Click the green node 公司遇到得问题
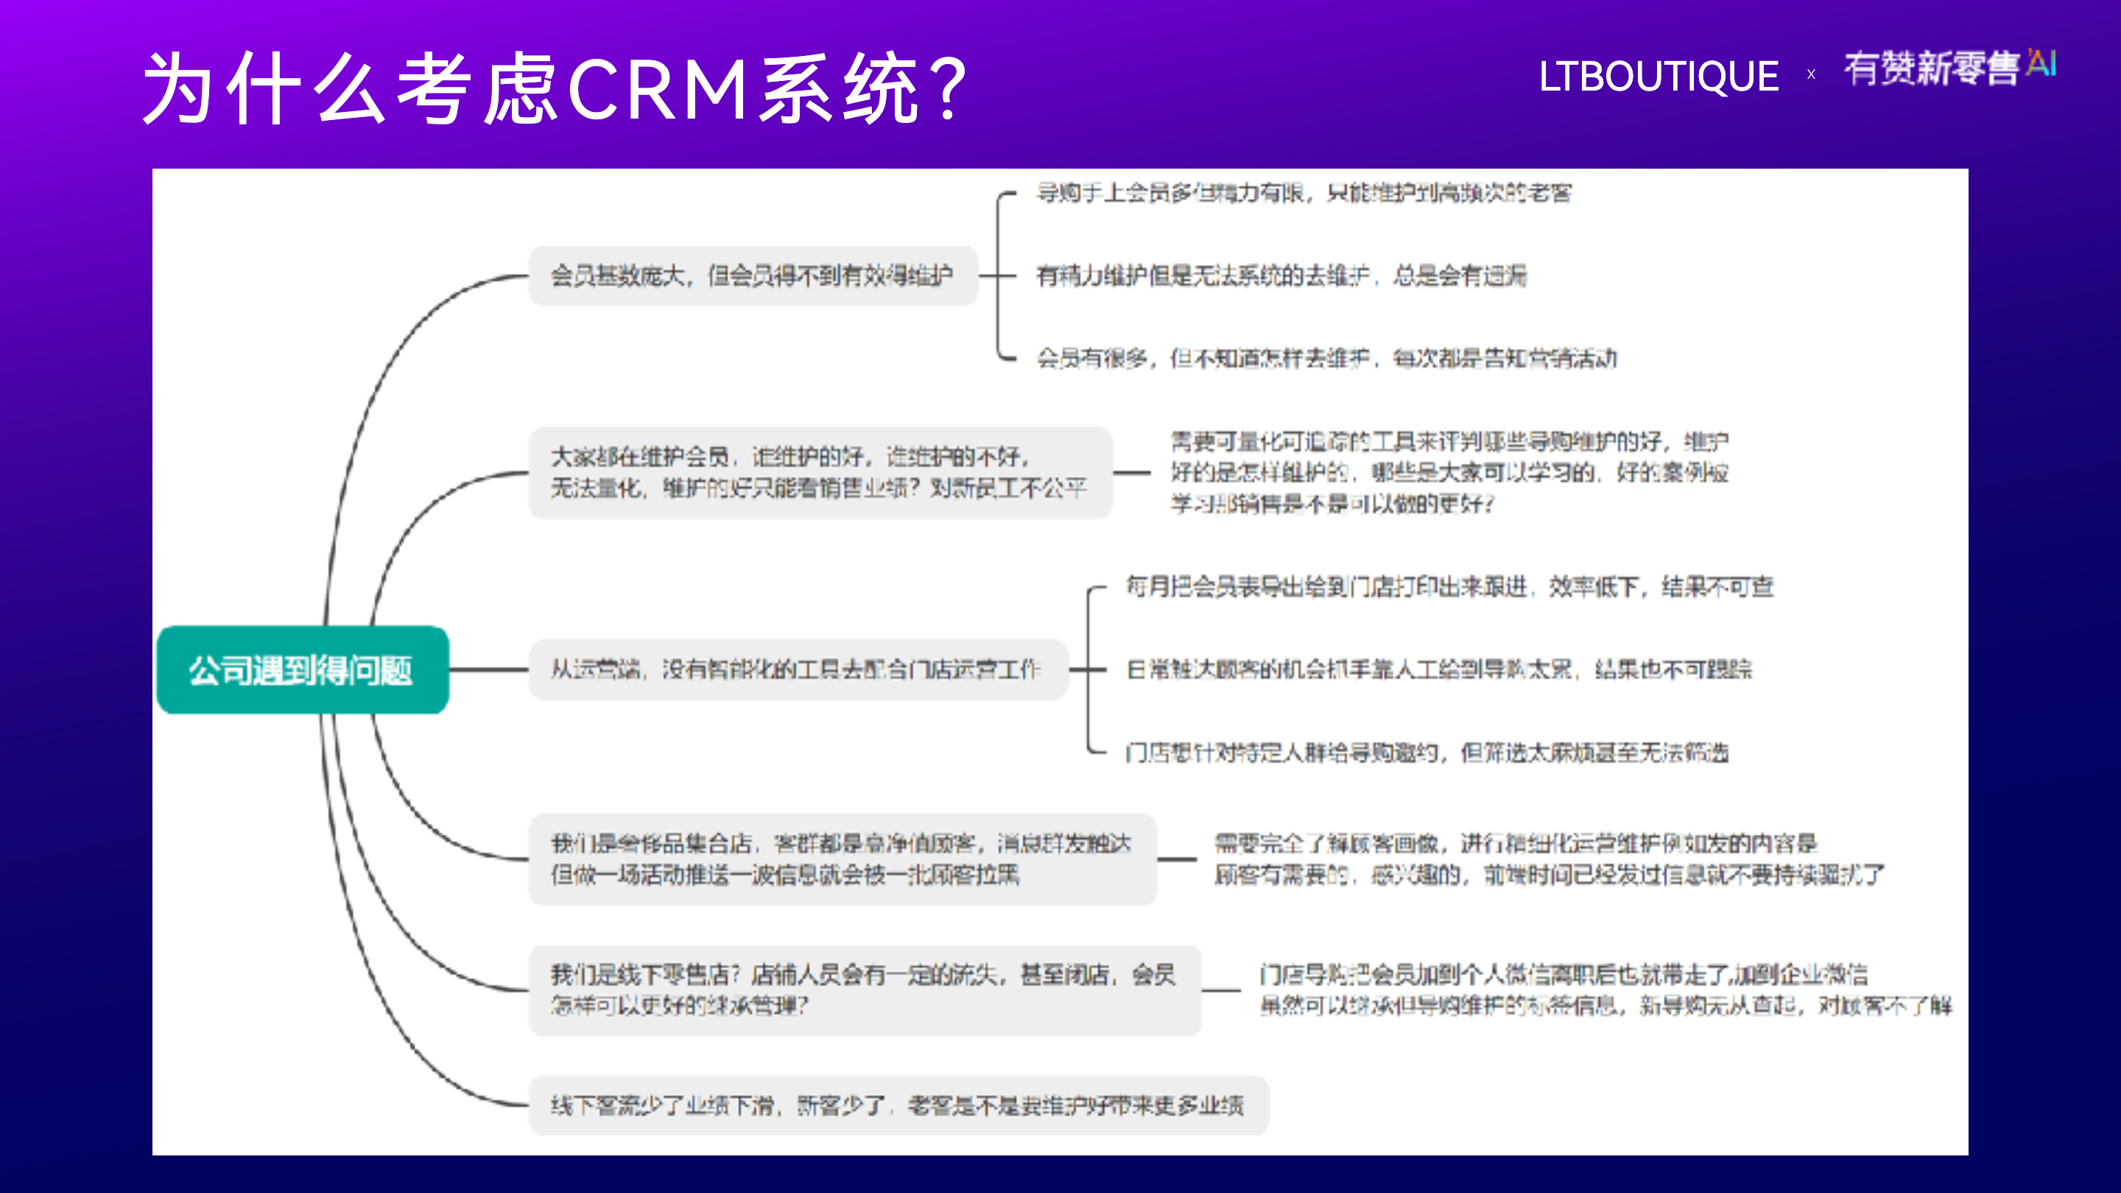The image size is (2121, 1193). [x=302, y=670]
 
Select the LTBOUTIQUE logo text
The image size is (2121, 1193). [x=1659, y=77]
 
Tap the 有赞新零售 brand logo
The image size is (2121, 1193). [x=1932, y=68]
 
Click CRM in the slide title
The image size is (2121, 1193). [x=657, y=89]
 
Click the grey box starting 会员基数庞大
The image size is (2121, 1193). [x=753, y=276]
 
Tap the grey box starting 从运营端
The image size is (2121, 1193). [x=797, y=669]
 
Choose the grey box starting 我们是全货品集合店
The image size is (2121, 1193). [x=843, y=859]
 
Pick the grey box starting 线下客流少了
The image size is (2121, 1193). [x=898, y=1105]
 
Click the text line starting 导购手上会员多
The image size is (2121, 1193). [x=1304, y=194]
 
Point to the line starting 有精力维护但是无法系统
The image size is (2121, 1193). [x=1281, y=276]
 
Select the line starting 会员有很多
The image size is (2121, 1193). [x=1326, y=358]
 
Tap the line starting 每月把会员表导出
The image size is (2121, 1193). [x=1449, y=587]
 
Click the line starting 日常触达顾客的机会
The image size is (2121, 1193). [x=1439, y=669]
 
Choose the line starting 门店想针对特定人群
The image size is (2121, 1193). [x=1427, y=753]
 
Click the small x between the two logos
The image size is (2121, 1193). [x=1812, y=75]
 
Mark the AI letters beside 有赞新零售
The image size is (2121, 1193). [x=2041, y=63]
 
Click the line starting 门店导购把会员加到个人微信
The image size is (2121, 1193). [x=1563, y=975]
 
